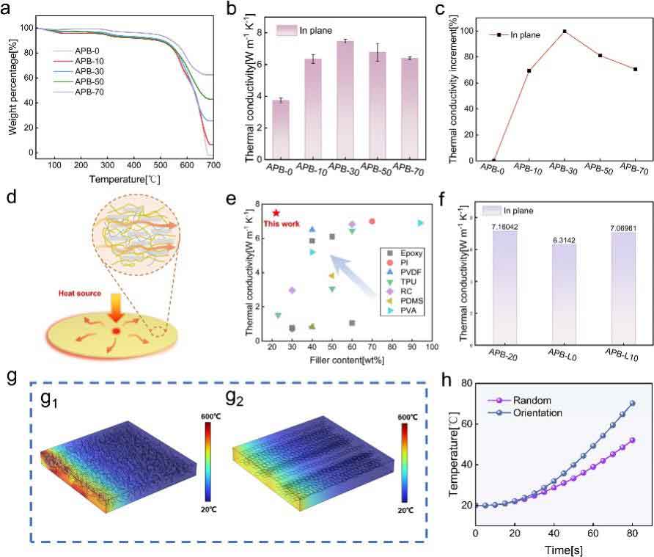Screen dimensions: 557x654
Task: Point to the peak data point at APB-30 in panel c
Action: point(565,32)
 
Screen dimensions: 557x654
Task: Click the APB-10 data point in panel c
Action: point(529,70)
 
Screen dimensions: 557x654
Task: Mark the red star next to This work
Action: point(276,213)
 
